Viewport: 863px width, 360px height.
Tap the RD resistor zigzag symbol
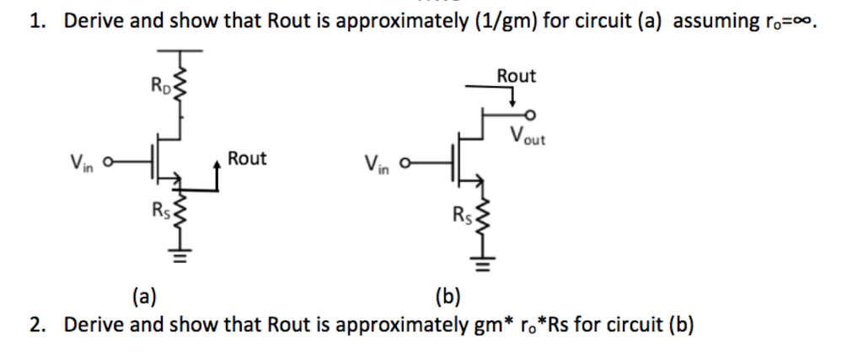tap(177, 87)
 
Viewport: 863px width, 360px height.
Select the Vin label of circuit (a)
tap(82, 160)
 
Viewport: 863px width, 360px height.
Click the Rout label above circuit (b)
tap(516, 76)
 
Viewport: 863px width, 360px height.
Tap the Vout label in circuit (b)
tap(528, 136)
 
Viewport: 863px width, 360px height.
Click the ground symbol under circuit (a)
tap(178, 253)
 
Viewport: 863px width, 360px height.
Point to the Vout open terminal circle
tap(528, 116)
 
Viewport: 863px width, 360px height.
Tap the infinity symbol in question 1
tap(807, 23)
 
